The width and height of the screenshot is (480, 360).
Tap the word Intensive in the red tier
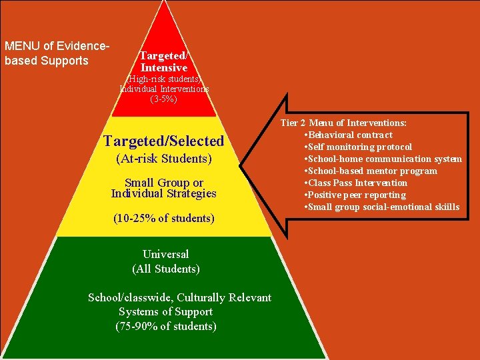click(x=163, y=67)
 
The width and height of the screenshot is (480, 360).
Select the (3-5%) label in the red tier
click(x=164, y=99)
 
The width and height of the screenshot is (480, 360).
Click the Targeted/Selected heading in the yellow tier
click(x=164, y=141)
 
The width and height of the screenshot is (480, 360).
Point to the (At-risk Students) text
click(x=164, y=159)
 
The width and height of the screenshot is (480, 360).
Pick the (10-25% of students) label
click(x=164, y=218)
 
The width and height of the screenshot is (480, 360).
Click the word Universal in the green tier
click(x=166, y=254)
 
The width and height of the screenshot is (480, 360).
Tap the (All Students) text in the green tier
click(x=166, y=269)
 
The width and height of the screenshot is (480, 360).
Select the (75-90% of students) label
click(x=166, y=326)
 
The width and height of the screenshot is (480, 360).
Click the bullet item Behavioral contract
click(x=350, y=135)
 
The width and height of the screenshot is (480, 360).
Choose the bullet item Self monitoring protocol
click(x=359, y=147)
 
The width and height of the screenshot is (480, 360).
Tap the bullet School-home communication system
click(x=384, y=159)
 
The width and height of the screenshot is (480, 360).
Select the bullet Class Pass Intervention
click(x=357, y=183)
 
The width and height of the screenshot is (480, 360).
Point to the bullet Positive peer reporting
click(x=357, y=195)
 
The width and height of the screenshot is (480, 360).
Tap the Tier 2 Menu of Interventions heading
click(x=343, y=123)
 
